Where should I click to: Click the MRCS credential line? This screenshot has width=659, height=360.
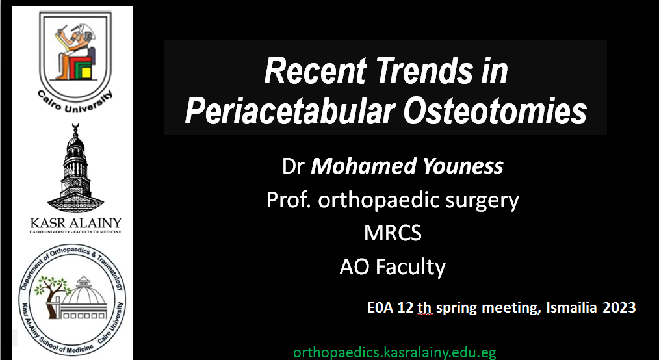point(393,233)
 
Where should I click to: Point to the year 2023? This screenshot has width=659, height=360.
point(619,308)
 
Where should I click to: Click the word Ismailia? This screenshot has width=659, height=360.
point(571,308)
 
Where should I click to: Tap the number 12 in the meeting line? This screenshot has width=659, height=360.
point(405,308)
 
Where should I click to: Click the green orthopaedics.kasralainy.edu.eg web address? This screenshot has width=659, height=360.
point(395,352)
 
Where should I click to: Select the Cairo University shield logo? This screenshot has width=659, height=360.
point(75,61)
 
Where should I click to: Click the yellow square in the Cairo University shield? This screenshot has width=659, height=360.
point(86,72)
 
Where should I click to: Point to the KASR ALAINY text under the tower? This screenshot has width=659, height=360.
point(75,223)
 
